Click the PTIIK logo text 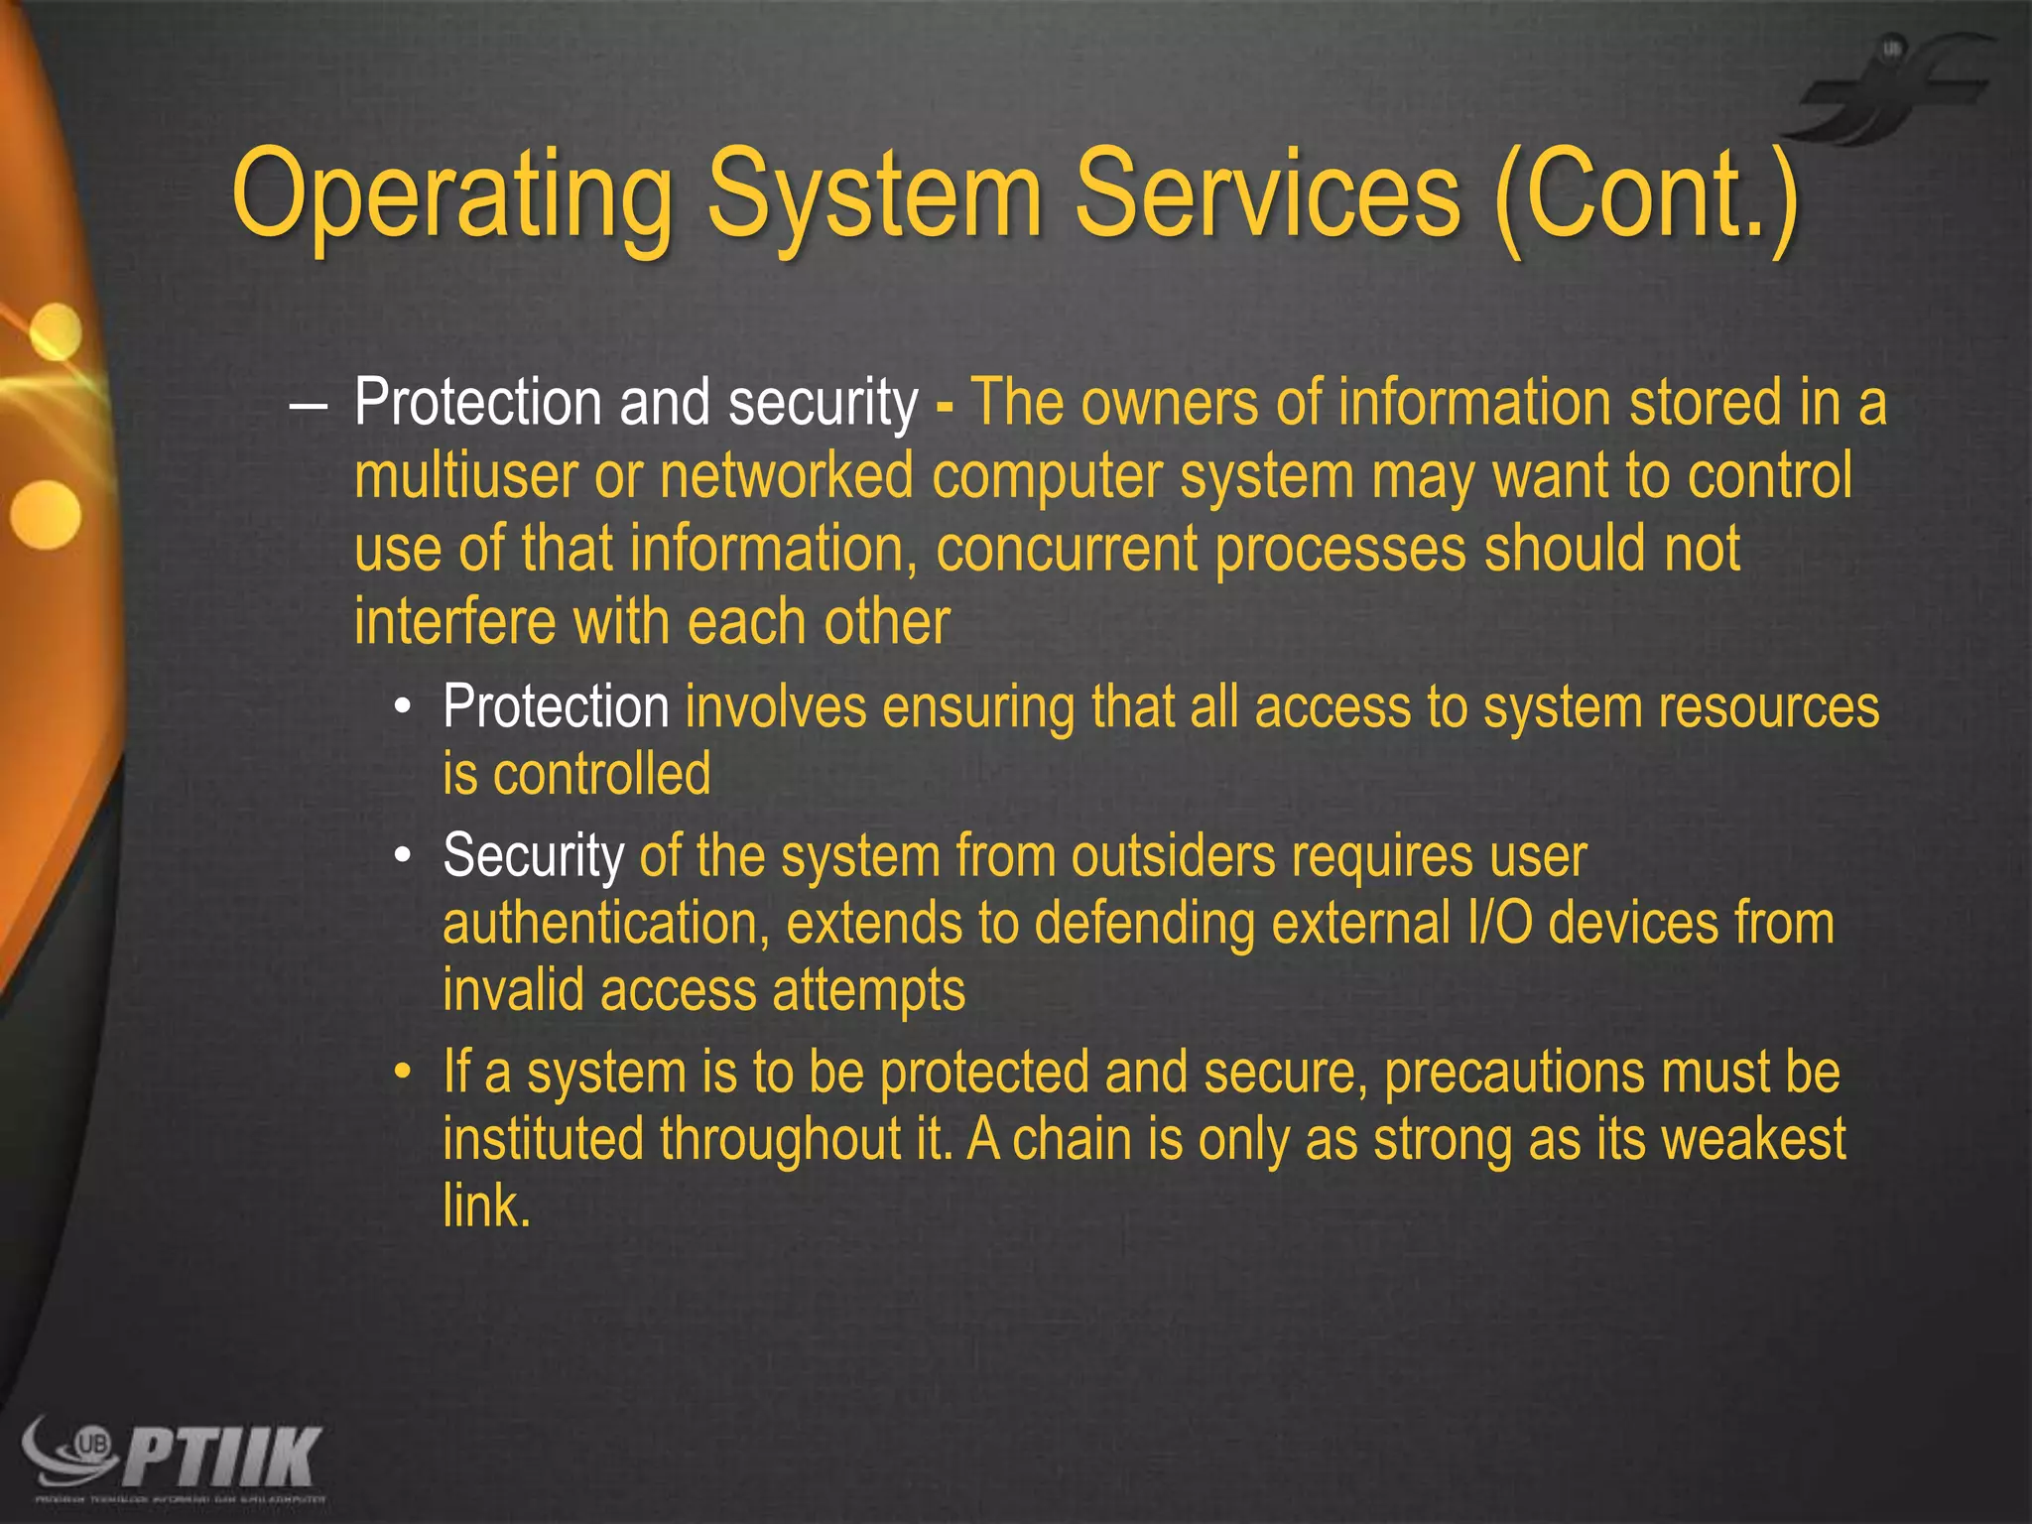(x=224, y=1456)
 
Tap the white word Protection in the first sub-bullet (x=556, y=707)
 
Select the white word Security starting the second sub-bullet (x=533, y=855)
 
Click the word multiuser (x=465, y=476)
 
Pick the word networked (x=787, y=476)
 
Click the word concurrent (x=1067, y=550)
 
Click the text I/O (x=1498, y=924)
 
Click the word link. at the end (x=486, y=1206)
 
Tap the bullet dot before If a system (x=402, y=1074)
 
